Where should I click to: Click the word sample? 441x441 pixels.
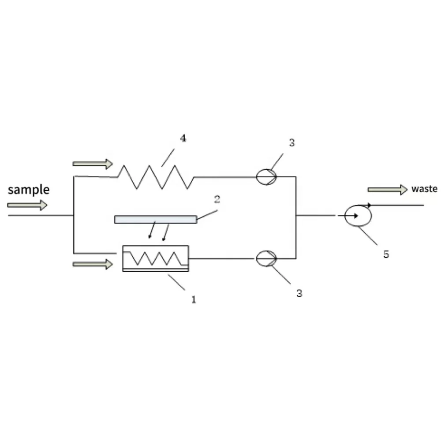click(x=29, y=190)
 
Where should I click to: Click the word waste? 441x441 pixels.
click(x=424, y=189)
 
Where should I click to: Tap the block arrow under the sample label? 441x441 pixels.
click(x=27, y=205)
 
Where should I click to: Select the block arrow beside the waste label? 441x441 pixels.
click(x=388, y=190)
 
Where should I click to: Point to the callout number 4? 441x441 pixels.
click(x=183, y=138)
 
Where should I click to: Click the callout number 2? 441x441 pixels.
click(x=217, y=199)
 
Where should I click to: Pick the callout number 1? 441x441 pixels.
click(x=194, y=299)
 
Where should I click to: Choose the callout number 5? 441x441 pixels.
click(x=386, y=254)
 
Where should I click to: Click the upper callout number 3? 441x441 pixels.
click(x=292, y=142)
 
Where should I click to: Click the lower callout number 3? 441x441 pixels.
click(x=299, y=293)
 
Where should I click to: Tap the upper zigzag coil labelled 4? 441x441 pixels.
click(x=156, y=177)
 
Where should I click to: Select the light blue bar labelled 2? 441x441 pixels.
click(x=156, y=219)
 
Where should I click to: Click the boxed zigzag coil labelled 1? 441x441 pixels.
click(x=156, y=258)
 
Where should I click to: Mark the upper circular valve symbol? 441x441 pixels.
click(x=266, y=177)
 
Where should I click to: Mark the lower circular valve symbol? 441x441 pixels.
click(x=266, y=258)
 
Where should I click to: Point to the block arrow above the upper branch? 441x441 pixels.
click(x=93, y=164)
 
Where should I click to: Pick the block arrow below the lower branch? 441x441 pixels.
click(x=93, y=264)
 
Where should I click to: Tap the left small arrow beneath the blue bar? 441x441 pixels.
click(x=152, y=230)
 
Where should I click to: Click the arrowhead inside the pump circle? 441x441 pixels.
click(x=356, y=216)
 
